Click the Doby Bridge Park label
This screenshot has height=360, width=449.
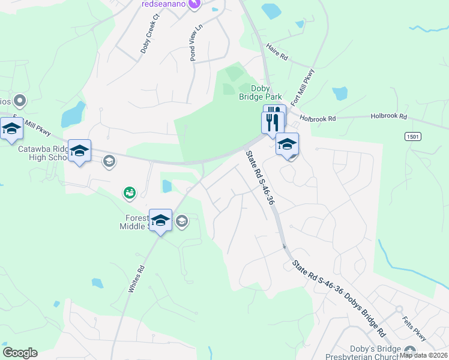click(266, 92)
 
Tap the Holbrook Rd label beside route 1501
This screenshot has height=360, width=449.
click(388, 116)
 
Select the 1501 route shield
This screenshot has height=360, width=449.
click(412, 137)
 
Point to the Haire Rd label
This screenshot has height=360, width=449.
click(277, 53)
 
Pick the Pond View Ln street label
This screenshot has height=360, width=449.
click(196, 43)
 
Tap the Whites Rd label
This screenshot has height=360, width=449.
click(137, 279)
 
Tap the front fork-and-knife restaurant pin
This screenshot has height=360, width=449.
click(273, 122)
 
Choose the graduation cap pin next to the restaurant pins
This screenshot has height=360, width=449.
click(288, 144)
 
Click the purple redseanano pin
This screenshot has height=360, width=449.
click(194, 4)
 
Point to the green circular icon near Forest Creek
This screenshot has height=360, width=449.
click(129, 193)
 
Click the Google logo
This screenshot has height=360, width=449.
click(20, 353)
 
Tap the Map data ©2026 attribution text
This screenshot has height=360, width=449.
click(424, 355)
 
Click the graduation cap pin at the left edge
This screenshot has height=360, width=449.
click(11, 128)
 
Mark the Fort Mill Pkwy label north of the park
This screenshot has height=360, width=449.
click(303, 86)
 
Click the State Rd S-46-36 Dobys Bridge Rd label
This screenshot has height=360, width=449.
click(339, 297)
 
